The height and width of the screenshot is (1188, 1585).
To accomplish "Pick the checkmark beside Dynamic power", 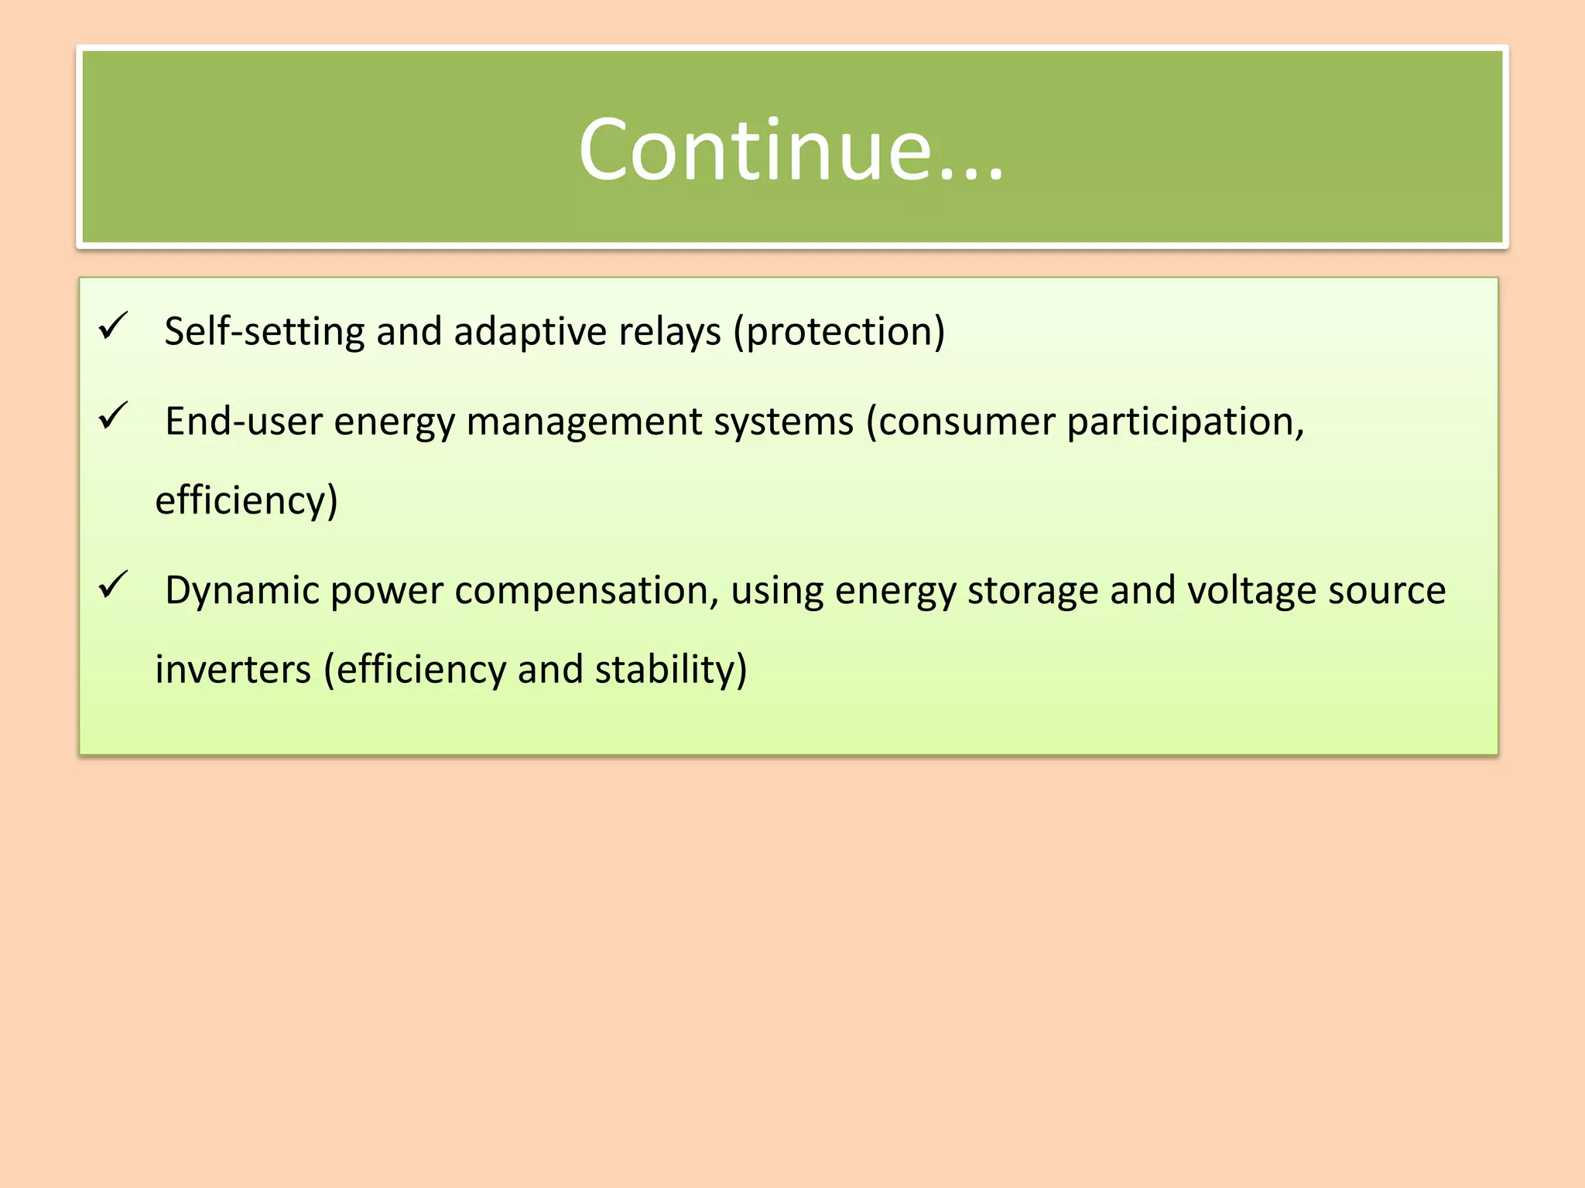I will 114,585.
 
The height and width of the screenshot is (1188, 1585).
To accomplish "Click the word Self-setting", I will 264,331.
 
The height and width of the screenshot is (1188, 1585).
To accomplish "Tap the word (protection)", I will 839,331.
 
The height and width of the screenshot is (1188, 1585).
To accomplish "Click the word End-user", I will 244,422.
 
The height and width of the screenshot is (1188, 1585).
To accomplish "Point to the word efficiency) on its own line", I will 247,500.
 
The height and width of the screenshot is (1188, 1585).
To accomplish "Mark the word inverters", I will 232,669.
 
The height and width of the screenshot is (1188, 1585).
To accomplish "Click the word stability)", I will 671,669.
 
